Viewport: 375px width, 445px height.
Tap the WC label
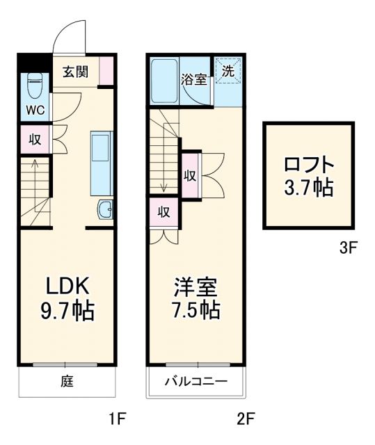[35, 110]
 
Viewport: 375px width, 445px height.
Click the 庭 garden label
[67, 381]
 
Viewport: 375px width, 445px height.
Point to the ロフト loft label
[310, 165]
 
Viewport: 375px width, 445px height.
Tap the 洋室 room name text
[196, 286]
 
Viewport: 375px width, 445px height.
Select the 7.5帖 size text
[196, 310]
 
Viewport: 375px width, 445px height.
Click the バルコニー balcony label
[196, 381]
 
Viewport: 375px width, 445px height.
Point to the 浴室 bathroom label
[194, 79]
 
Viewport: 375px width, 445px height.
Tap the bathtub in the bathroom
[163, 81]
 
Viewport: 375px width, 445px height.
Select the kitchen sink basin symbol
[106, 209]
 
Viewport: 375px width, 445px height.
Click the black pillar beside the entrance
[32, 63]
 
